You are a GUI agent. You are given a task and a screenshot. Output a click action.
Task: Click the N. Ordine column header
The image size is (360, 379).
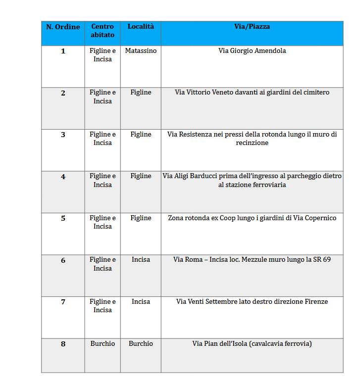[x=63, y=27]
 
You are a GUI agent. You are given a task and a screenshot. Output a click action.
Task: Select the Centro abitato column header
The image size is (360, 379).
[x=103, y=31]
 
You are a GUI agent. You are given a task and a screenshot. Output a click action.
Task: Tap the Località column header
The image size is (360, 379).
[x=141, y=26]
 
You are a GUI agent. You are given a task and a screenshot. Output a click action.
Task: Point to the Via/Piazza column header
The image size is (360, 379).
[x=252, y=26]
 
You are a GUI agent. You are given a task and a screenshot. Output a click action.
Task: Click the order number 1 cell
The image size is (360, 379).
[x=63, y=51]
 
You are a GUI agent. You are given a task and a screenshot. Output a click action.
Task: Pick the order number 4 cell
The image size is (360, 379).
[x=63, y=177]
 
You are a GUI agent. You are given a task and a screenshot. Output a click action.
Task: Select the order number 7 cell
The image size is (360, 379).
[x=63, y=302]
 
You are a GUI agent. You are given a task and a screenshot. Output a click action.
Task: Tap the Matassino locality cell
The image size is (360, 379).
[x=141, y=50]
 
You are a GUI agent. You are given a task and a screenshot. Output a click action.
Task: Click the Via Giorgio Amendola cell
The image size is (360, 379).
[x=252, y=50]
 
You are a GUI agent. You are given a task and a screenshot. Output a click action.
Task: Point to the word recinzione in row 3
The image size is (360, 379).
[x=252, y=142]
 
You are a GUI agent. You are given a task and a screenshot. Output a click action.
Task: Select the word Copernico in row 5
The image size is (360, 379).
[x=319, y=218]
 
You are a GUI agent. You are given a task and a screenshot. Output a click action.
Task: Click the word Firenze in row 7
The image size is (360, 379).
[x=315, y=301]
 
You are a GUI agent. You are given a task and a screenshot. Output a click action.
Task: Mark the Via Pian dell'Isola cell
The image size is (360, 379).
[x=252, y=343]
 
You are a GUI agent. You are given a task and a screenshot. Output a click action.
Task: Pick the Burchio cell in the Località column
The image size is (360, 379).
[x=141, y=343]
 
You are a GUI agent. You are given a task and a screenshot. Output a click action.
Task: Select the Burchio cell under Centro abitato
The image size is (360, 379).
[x=103, y=343]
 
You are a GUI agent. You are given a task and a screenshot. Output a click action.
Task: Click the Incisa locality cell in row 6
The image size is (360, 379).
[x=141, y=259]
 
